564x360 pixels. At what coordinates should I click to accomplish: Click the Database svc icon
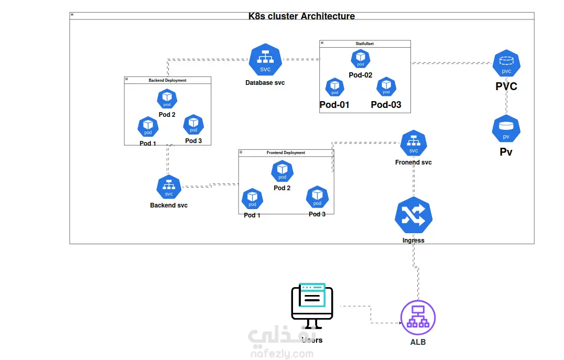tap(265, 60)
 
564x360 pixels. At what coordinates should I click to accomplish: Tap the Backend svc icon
tap(169, 187)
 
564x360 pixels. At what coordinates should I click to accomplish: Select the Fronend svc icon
tap(414, 143)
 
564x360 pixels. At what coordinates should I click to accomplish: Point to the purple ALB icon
tap(418, 318)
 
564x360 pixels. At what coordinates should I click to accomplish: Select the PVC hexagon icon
tap(506, 63)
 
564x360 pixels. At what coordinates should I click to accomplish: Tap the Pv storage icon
tap(506, 129)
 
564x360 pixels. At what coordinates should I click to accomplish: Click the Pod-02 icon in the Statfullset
tap(361, 59)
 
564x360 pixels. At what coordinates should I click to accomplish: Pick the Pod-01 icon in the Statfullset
tap(335, 87)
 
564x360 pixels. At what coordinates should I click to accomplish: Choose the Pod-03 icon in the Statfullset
tap(386, 86)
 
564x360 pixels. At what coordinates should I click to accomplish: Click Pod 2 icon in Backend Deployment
tap(167, 99)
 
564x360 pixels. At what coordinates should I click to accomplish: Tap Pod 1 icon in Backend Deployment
tap(148, 126)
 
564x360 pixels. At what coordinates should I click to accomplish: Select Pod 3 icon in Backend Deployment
tap(193, 124)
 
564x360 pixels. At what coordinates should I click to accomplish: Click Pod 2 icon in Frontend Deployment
tap(283, 171)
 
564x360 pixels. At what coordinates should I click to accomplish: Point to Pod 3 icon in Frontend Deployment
tap(317, 197)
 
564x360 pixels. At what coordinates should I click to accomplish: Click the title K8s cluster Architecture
tap(301, 16)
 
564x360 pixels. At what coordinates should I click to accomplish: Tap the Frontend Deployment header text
tap(286, 153)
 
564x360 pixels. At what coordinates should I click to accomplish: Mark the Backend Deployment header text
tap(167, 80)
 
